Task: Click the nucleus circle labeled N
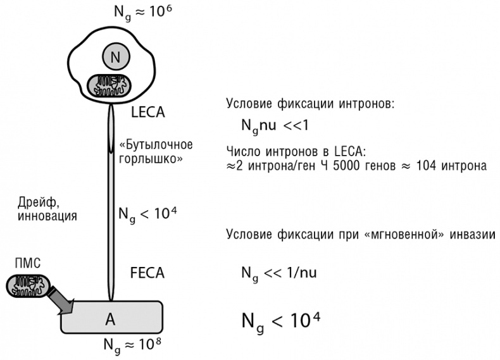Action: click(115, 58)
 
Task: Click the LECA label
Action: click(147, 113)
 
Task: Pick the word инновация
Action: click(47, 216)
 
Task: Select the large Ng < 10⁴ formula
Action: click(280, 320)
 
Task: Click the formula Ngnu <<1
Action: click(274, 125)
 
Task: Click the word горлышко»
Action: click(152, 158)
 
